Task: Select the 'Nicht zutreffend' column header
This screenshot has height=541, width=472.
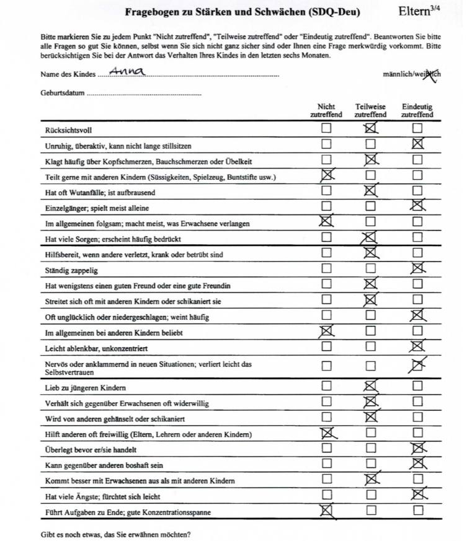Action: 326,111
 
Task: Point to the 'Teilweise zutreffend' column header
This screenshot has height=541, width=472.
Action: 370,111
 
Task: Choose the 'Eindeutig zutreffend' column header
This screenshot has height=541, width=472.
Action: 417,111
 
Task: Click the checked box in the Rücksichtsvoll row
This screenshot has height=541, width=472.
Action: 371,128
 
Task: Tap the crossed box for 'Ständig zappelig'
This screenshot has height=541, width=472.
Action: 417,268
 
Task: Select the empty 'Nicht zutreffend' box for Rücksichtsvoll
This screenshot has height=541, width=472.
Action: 326,128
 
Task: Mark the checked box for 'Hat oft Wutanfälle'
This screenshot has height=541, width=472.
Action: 371,190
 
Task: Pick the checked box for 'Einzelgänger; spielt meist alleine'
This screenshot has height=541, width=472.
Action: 417,206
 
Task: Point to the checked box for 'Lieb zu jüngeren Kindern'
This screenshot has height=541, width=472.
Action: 371,386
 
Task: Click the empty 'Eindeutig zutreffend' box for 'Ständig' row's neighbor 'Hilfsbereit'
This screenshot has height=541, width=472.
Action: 417,253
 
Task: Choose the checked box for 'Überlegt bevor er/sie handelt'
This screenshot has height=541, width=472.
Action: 417,448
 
